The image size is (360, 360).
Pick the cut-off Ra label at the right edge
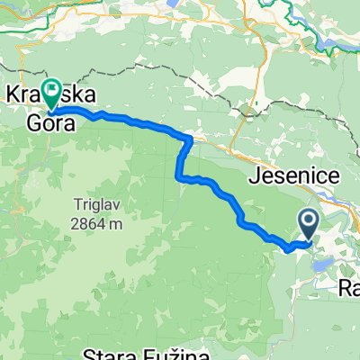click(x=349, y=289)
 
